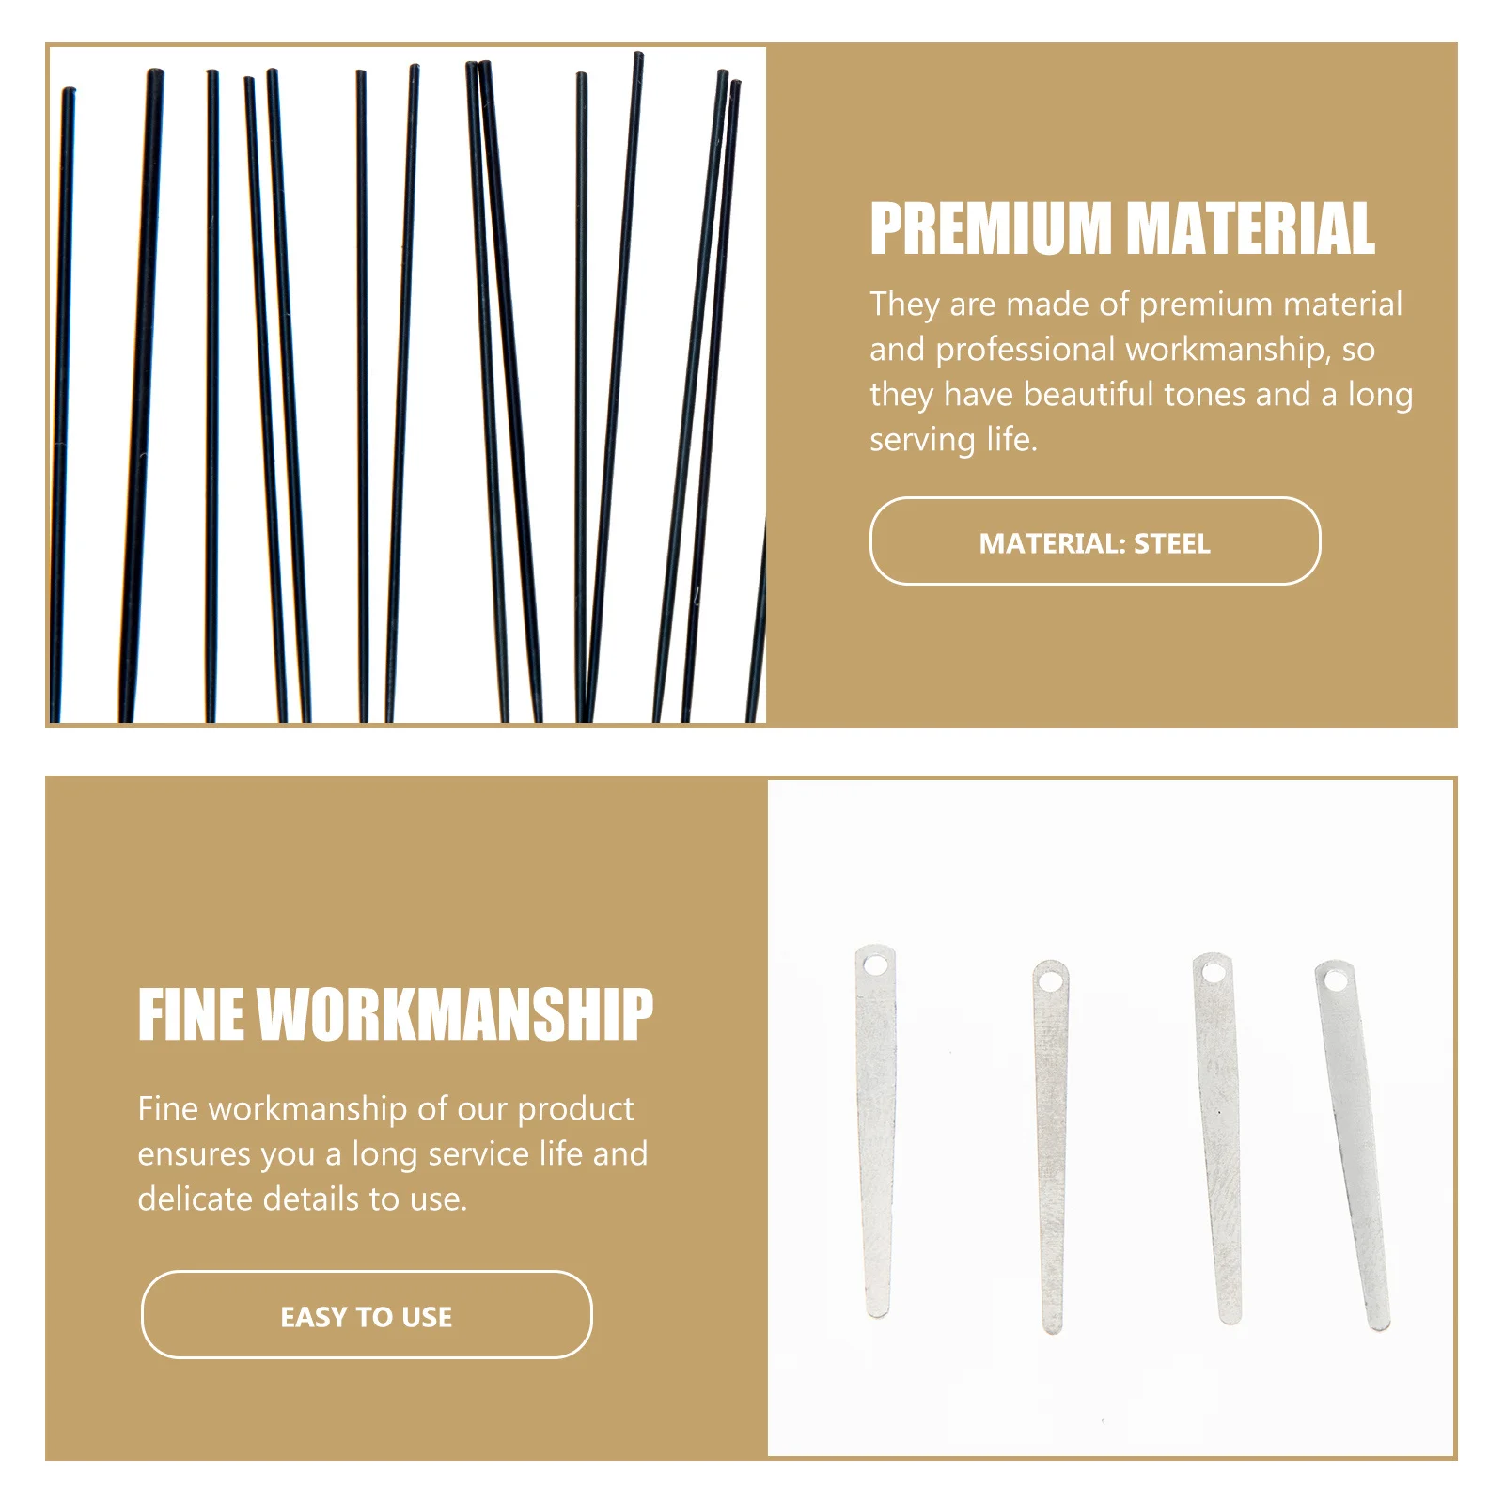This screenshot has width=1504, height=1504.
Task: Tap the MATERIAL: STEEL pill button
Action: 1094,541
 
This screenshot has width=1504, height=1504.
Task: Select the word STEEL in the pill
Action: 1172,543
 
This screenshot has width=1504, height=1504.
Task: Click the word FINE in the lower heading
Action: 192,1015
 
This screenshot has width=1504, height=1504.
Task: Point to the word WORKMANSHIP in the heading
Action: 455,1015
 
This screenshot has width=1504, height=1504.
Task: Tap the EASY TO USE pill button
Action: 367,1315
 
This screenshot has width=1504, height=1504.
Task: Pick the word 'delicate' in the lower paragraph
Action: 196,1198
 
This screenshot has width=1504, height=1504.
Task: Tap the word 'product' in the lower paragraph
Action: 575,1108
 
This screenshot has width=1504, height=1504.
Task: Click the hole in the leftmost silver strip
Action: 875,965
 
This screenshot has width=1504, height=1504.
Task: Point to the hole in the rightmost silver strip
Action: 1334,981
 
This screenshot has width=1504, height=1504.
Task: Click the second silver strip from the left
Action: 1051,1147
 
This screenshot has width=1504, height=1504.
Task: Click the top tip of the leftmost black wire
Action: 69,92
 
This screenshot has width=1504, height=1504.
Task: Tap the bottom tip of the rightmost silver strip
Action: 1379,1324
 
